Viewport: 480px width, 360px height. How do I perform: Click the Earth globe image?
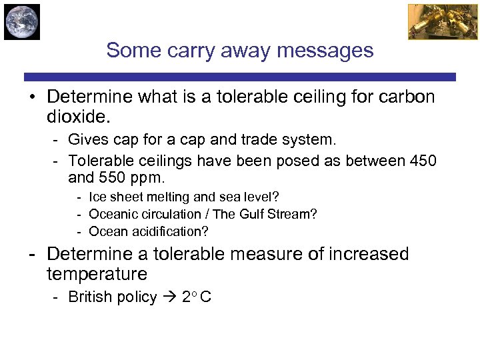(x=21, y=21)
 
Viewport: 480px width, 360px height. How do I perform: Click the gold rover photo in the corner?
(x=433, y=21)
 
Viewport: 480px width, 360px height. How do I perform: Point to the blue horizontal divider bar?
(x=240, y=77)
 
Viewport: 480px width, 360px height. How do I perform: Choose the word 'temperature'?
(x=97, y=274)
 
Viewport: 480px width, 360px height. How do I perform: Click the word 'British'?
(x=90, y=297)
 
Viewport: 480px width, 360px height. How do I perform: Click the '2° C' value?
(x=196, y=297)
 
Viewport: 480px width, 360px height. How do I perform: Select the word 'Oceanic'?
(x=111, y=214)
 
